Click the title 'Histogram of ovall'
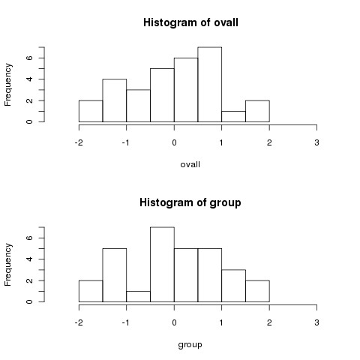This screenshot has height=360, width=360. pos(190,22)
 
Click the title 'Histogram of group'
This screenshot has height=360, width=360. pos(190,202)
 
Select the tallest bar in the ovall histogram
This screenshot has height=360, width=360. pos(210,85)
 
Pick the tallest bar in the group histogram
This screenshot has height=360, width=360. pos(162,265)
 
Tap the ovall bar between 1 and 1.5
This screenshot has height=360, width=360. pos(233,116)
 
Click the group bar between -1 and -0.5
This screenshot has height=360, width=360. pos(138,296)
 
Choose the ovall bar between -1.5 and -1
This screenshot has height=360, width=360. pos(115,100)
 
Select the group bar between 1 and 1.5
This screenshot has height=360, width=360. pos(233,286)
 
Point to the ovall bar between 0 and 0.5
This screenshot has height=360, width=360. pos(186,90)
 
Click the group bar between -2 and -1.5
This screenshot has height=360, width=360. pos(91,291)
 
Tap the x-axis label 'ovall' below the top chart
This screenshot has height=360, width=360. pos(190,164)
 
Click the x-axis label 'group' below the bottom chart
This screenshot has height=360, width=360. pos(190,345)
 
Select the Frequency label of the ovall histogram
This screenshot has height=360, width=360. pos(8,85)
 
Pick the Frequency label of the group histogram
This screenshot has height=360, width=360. pos(8,265)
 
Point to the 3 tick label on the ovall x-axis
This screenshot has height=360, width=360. pos(316,142)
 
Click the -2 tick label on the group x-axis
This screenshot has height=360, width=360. pos(79,322)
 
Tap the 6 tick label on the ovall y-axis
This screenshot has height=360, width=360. pos(29,58)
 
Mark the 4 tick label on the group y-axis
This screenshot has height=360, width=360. pos(29,259)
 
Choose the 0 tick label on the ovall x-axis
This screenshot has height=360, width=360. pos(174,142)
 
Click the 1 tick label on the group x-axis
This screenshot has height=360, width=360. pos(221,322)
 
